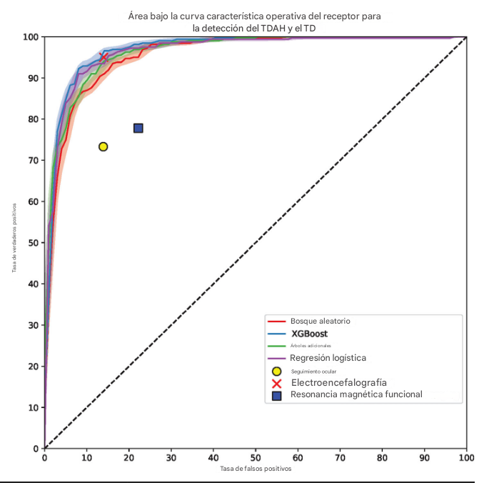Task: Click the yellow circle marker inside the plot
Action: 103,146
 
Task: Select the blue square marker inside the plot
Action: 138,128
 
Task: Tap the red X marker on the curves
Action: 104,57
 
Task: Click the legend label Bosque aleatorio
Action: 320,321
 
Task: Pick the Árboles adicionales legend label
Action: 311,346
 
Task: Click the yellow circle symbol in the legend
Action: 277,371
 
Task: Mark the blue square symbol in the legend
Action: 277,395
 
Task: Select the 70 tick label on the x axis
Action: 341,458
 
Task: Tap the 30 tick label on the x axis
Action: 171,458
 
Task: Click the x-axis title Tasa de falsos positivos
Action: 256,469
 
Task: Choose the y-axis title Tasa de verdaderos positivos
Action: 14,237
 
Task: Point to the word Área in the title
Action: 139,16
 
